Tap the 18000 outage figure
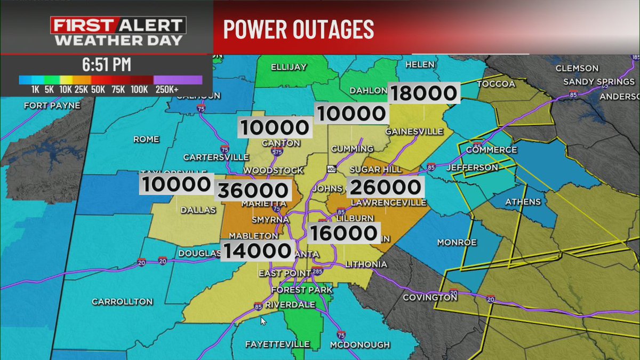point(424,93)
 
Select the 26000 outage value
point(386,187)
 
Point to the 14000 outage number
point(258,250)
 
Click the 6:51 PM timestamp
point(107,66)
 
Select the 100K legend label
point(139,90)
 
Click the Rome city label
point(147,139)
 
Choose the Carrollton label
point(122,301)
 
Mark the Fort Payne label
point(52,106)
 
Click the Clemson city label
point(577,68)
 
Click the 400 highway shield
point(332,169)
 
